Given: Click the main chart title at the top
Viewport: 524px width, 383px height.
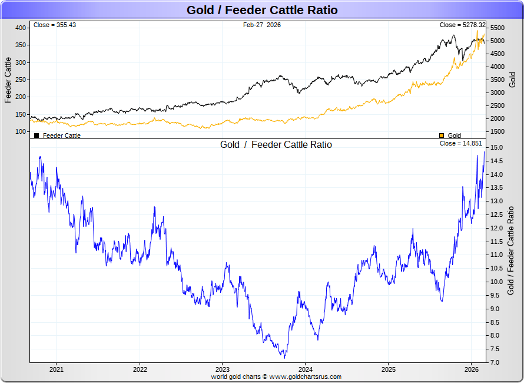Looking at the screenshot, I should tap(262, 10).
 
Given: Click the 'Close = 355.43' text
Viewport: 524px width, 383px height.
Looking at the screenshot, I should tap(55, 25).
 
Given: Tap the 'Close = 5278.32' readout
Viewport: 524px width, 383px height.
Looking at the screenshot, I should tap(462, 25).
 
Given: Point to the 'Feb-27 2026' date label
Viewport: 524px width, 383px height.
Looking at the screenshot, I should tap(262, 25).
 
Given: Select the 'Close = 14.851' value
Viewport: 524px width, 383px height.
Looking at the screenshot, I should tap(461, 144).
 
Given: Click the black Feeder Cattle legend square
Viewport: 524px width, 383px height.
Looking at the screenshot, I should tap(37, 136).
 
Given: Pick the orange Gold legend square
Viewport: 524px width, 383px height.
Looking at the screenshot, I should tap(442, 136).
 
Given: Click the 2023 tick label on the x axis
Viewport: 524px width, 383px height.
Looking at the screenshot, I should tap(222, 369).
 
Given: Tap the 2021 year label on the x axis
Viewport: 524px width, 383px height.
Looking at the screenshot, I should tap(56, 369).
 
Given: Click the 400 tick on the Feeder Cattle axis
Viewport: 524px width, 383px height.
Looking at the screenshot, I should tap(21, 28).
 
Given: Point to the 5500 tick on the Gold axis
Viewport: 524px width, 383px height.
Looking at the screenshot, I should tap(498, 28).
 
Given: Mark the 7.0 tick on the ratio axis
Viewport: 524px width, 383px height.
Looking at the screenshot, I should tap(496, 362).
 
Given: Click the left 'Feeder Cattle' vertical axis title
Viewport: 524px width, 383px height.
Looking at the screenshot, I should tap(8, 80).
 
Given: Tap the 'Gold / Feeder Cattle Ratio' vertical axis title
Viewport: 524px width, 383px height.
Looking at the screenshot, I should tap(511, 250).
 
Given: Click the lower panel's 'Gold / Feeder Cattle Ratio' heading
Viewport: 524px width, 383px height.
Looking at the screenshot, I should tap(276, 145).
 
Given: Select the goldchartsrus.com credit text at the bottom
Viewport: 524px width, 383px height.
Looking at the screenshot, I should tap(276, 377).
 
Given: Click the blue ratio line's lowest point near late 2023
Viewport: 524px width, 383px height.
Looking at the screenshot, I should tap(285, 358).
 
